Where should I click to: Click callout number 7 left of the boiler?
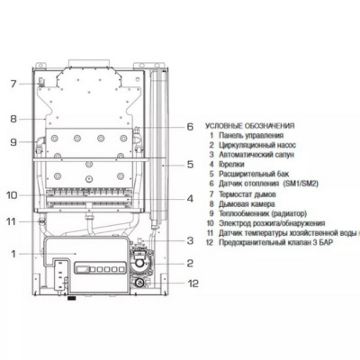point(13,84)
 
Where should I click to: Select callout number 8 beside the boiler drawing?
point(13,118)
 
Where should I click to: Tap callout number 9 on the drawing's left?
point(13,141)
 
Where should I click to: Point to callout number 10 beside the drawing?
point(12,194)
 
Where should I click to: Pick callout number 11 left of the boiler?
point(12,220)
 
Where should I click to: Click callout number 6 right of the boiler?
point(190,127)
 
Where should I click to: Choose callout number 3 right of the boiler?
point(190,240)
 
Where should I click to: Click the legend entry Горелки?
point(231,166)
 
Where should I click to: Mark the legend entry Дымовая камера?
point(245,202)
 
